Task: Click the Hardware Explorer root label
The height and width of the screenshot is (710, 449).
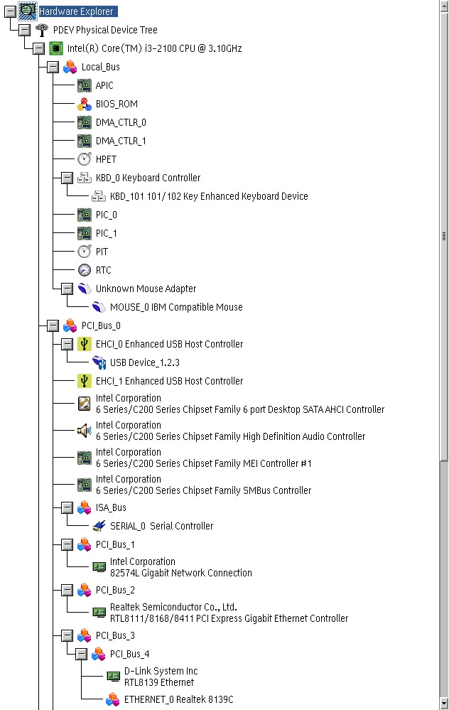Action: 76,11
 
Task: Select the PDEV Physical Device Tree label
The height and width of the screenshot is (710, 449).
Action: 105,30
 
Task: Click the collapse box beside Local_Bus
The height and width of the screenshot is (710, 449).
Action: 53,67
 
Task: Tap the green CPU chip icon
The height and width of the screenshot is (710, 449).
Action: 55,48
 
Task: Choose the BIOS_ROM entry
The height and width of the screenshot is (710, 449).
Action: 117,104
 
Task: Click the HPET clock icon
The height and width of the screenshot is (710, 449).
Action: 84,159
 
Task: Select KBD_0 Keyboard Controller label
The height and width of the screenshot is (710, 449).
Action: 148,178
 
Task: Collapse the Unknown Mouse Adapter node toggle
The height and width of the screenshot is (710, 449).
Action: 67,289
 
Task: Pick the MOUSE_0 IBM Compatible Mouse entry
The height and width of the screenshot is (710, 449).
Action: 176,307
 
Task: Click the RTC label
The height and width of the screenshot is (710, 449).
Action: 103,270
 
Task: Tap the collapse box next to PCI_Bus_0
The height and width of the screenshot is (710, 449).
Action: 53,326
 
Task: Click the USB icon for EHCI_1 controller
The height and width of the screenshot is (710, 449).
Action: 84,381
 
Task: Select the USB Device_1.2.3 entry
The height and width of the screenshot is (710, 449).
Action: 145,362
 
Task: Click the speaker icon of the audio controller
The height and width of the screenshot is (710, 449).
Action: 84,431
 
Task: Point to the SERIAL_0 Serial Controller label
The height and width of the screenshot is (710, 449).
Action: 161,526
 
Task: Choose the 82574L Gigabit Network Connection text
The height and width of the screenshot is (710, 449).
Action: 181,573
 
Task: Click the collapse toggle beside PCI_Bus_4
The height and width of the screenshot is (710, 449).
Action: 82,654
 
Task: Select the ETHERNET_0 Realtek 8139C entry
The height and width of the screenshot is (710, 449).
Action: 179,699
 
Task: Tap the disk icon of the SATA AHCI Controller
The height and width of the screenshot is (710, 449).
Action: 84,404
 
